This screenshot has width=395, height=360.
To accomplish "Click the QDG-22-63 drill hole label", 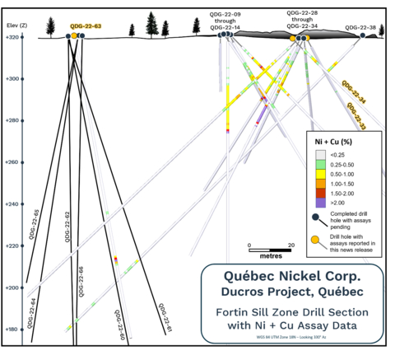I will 86,26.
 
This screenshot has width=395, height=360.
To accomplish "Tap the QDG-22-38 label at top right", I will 360,27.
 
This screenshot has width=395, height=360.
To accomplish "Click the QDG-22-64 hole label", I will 31,313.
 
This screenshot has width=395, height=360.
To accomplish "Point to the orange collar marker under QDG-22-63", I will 74,36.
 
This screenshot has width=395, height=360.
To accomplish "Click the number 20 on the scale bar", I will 290,245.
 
